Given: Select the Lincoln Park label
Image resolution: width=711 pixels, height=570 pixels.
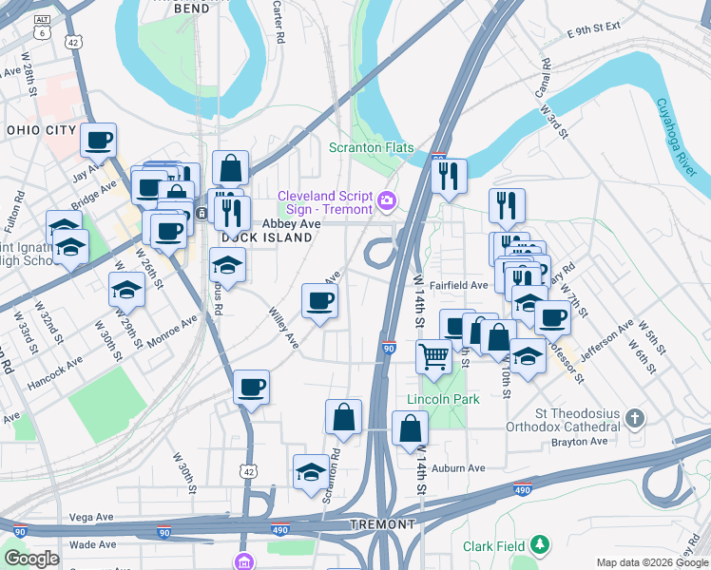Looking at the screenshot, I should coord(443,399).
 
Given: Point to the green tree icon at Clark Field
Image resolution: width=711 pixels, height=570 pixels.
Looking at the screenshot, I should coord(540,545).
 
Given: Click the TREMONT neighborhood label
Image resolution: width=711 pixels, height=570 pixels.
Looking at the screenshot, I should coord(383,524).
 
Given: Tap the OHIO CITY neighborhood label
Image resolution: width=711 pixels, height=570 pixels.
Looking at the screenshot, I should coord(40,130).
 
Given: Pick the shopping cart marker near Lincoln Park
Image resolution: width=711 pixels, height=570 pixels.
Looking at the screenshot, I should coord(433,356).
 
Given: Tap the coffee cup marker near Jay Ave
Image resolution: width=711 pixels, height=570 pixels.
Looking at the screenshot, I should coord(98,141).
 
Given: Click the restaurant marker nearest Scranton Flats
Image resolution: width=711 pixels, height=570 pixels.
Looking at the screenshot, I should coord(449,176).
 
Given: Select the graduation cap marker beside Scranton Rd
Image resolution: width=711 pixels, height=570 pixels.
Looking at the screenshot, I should coord(311,472).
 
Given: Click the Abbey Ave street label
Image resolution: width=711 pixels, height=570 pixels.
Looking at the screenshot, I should coord(292,222).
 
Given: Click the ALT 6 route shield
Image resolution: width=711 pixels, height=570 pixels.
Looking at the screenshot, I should coord(42,26).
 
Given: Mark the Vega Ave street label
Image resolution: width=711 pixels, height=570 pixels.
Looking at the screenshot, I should coord(92,518).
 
